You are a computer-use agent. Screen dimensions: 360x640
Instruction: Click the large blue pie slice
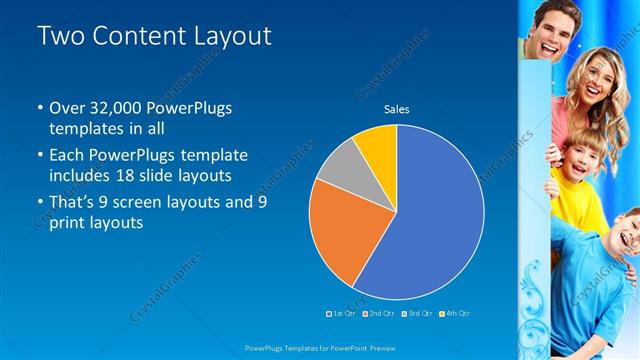click(x=440, y=220)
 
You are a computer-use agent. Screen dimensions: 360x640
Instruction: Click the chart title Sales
click(x=397, y=109)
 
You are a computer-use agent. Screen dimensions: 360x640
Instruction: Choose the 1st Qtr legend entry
click(x=342, y=313)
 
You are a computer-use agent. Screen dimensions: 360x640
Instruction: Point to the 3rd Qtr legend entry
click(x=416, y=313)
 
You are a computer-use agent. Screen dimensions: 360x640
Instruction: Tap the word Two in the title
click(x=59, y=36)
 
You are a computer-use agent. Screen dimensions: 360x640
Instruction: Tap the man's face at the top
click(x=551, y=22)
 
